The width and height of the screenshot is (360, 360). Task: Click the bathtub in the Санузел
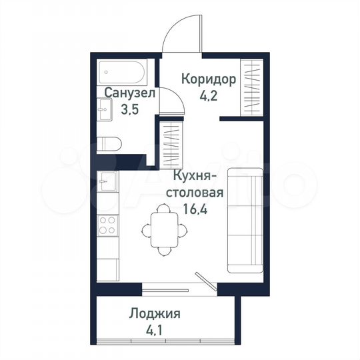pyautogui.click(x=123, y=73)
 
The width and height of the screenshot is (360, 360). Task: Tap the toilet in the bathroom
pyautogui.click(x=107, y=143)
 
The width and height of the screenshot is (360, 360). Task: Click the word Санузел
pyautogui.click(x=129, y=94)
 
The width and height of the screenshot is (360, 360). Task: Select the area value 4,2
pyautogui.click(x=208, y=95)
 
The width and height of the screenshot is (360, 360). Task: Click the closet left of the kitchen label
pyautogui.click(x=172, y=142)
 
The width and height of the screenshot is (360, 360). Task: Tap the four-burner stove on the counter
pyautogui.click(x=107, y=226)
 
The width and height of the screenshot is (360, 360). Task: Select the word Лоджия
pyautogui.click(x=155, y=313)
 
